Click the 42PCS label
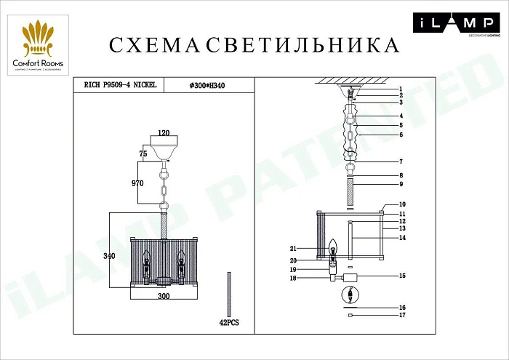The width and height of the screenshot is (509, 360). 231,321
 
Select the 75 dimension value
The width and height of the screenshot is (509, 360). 144,154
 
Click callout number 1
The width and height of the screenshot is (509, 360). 400,88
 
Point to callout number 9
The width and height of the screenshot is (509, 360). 400,185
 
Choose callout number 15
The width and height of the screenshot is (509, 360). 401,276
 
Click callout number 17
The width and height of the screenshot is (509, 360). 401,316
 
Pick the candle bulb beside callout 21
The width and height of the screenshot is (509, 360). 335,247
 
